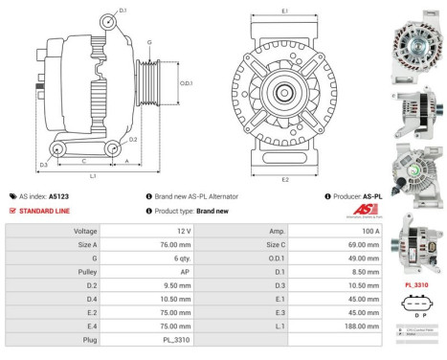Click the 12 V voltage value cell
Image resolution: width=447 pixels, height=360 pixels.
181,232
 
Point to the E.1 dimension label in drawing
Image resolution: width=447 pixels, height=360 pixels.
285,11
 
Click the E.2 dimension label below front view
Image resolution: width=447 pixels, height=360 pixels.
285,179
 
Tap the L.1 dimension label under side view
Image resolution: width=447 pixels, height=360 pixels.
93,176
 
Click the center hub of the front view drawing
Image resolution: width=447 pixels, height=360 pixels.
284,93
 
